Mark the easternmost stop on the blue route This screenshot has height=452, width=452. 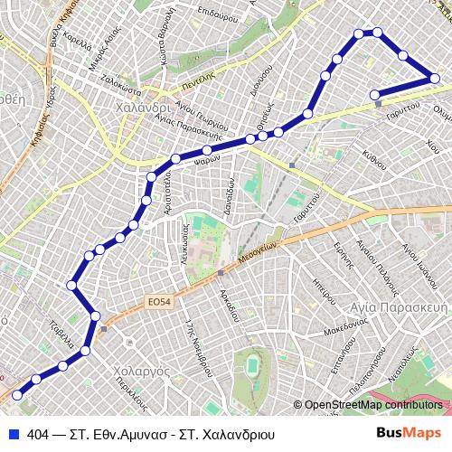tap(435, 79)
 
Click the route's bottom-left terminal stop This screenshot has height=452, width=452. tap(16, 394)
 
